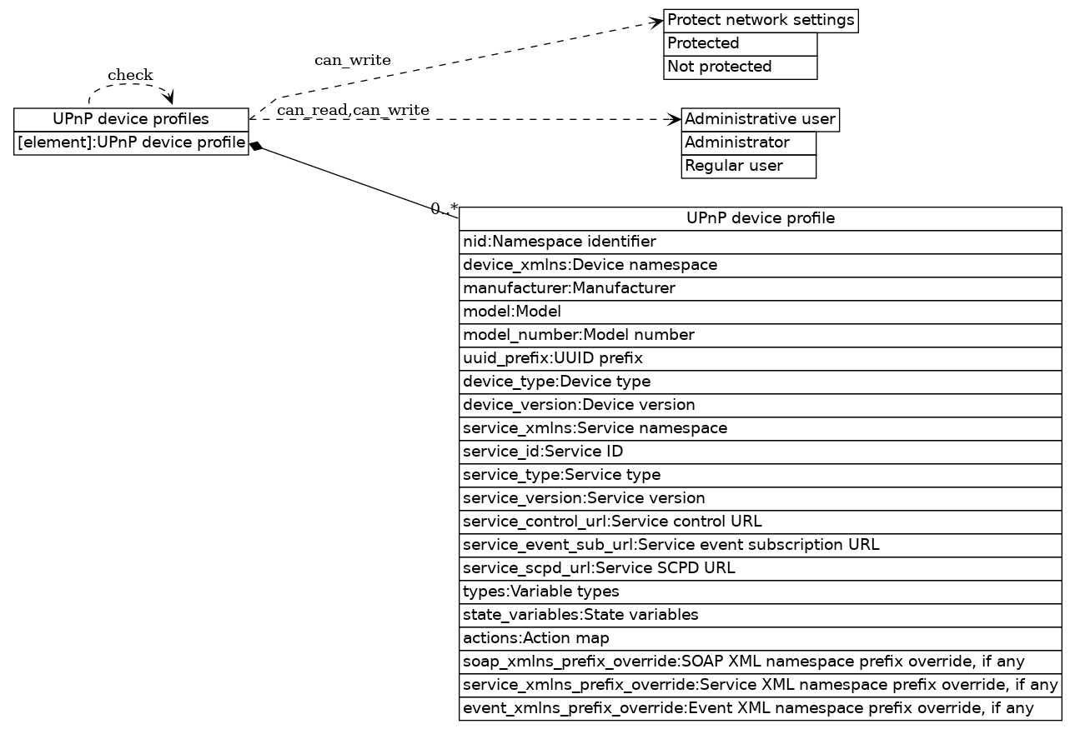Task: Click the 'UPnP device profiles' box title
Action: (x=131, y=119)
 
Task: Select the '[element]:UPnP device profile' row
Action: (x=131, y=143)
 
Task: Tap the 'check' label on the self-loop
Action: (x=130, y=76)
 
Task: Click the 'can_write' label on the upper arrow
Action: (x=352, y=60)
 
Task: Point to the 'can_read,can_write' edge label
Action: (x=353, y=110)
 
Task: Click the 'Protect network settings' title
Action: (x=761, y=20)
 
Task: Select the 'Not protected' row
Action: (x=740, y=67)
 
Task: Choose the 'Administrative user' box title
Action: (x=760, y=119)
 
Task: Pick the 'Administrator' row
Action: (x=748, y=142)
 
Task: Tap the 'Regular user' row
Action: (x=748, y=166)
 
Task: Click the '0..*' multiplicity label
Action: (x=444, y=208)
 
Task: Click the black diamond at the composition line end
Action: (x=256, y=147)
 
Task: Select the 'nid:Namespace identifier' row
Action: (x=760, y=242)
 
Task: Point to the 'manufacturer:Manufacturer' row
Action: (x=760, y=288)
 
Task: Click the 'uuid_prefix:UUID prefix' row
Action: (x=760, y=358)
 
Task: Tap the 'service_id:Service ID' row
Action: (x=760, y=452)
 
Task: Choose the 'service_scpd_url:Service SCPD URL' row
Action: (x=760, y=568)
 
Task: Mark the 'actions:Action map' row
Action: (x=760, y=638)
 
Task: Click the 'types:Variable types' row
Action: (x=760, y=592)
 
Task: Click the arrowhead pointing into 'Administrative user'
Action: (x=676, y=119)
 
